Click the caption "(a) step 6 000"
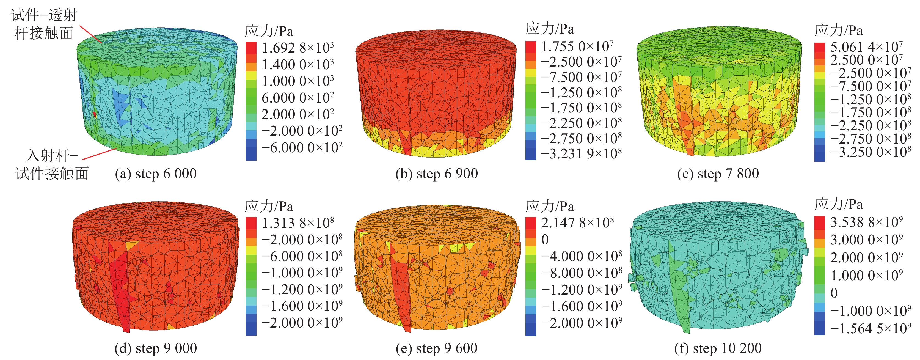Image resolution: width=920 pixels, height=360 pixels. pos(155,174)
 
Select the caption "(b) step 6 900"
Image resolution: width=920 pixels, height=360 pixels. pos(436,174)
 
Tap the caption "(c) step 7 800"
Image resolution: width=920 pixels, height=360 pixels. pos(718,174)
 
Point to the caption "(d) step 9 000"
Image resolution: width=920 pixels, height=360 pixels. pos(155,348)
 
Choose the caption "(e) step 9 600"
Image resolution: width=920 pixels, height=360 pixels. pos(436,348)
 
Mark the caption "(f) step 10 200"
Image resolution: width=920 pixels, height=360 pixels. pos(718,348)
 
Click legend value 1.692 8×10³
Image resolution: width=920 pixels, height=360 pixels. pos(298,48)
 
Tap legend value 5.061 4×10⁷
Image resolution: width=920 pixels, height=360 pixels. pos(866,46)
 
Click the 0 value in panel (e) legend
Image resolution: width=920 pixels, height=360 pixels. pos(545,240)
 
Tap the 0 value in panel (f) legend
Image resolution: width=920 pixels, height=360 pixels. pos(834,293)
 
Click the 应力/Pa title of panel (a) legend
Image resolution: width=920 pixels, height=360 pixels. pos(269,31)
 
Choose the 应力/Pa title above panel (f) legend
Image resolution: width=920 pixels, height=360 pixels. pos(839,204)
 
